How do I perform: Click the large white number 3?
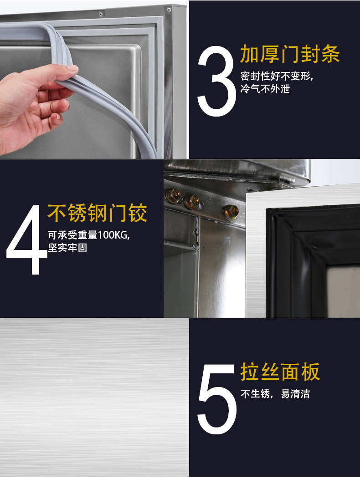click(x=216, y=80)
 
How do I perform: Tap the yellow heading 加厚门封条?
click(x=290, y=54)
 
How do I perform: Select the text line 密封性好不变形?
click(x=277, y=76)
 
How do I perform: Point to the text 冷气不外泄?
click(x=265, y=89)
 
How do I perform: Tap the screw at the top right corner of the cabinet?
click(x=169, y=10)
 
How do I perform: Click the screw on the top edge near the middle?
click(x=101, y=15)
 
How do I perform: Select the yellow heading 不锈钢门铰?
click(x=98, y=213)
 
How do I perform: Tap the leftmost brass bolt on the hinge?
click(x=174, y=196)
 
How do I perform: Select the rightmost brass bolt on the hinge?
click(x=231, y=211)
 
